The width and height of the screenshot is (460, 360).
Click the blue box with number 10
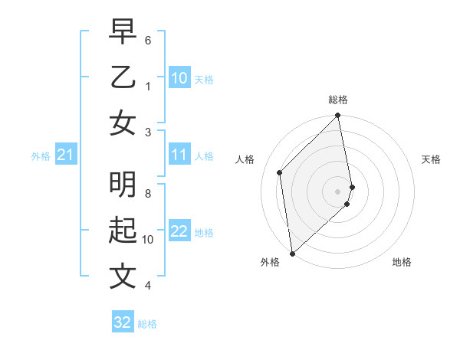[179, 77]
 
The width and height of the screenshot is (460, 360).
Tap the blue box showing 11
[179, 155]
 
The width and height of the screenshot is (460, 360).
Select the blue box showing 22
[179, 231]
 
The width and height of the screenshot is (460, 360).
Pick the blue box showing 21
[66, 155]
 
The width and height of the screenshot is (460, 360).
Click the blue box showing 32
[123, 322]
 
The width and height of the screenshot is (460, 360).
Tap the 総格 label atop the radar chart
[338, 100]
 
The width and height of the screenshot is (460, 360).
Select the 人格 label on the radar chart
[245, 159]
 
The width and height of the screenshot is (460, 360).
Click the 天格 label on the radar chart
[431, 159]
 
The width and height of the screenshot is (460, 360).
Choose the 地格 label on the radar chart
[402, 262]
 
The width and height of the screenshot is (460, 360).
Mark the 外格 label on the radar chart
[270, 262]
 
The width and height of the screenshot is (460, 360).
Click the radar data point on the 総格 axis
[338, 116]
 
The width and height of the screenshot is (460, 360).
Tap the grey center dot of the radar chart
[338, 191]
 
